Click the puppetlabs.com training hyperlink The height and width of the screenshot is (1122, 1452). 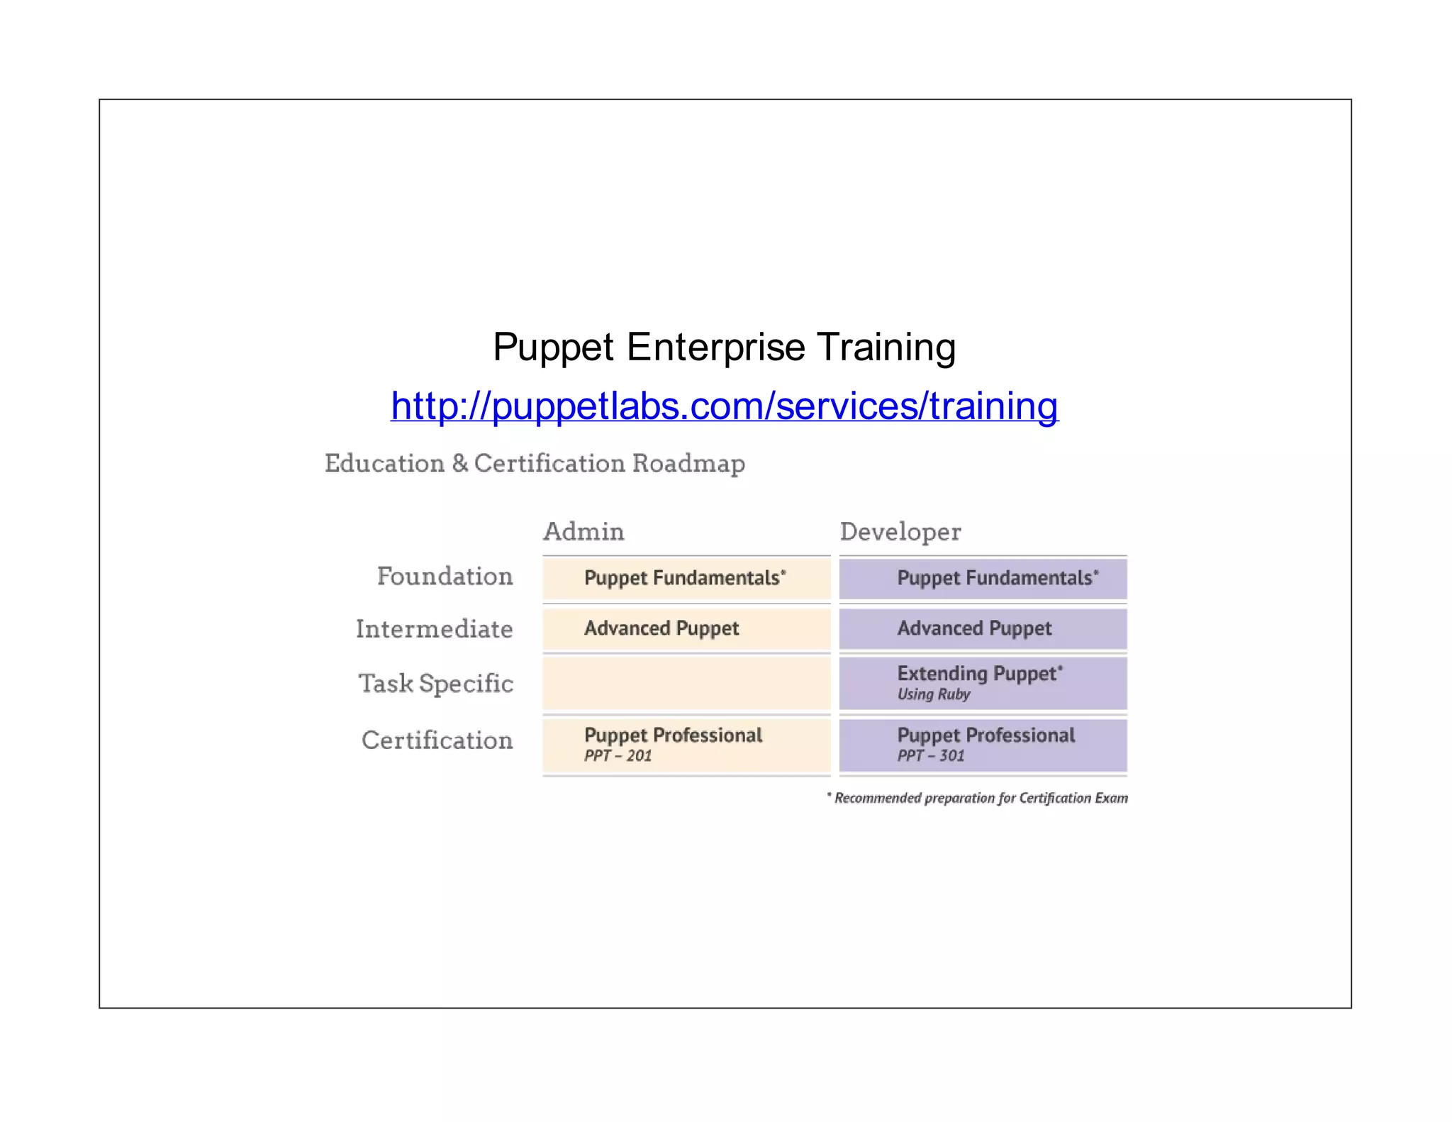coord(724,406)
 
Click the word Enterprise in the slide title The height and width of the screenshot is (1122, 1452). coord(715,348)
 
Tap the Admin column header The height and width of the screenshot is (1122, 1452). coord(583,532)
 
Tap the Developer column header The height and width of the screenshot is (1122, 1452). coord(900,532)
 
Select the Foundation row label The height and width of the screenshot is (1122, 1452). coord(445,577)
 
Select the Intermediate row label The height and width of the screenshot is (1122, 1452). coord(434,629)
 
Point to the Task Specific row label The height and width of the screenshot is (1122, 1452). coord(435,684)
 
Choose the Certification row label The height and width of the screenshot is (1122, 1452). coord(437,740)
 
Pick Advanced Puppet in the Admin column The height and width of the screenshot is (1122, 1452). coord(661,628)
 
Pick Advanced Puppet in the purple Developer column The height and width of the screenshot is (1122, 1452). coord(974,628)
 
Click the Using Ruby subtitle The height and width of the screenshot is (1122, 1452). coord(933,694)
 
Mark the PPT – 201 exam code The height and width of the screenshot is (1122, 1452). coord(618,756)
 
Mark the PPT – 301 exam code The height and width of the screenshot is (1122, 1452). coord(930,756)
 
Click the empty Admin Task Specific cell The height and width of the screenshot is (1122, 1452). coord(686,684)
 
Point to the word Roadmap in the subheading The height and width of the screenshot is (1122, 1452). coord(688,464)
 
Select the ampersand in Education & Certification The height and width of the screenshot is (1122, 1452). coord(459,464)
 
